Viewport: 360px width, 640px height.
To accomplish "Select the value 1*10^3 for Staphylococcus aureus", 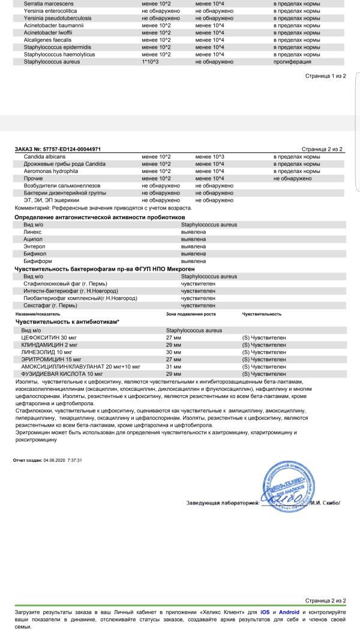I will (x=150, y=61).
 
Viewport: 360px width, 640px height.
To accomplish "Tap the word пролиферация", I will (x=292, y=61).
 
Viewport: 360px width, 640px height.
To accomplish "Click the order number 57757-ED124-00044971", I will (x=75, y=148).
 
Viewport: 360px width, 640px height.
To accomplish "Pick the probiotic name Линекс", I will (x=32, y=232).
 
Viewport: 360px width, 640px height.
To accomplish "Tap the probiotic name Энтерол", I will (x=34, y=246).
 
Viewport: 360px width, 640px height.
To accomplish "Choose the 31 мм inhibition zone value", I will (x=173, y=366).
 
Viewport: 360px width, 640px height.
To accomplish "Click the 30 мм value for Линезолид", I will (x=173, y=352).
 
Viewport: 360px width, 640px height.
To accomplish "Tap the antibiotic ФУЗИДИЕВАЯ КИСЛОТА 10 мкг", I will (x=59, y=373).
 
